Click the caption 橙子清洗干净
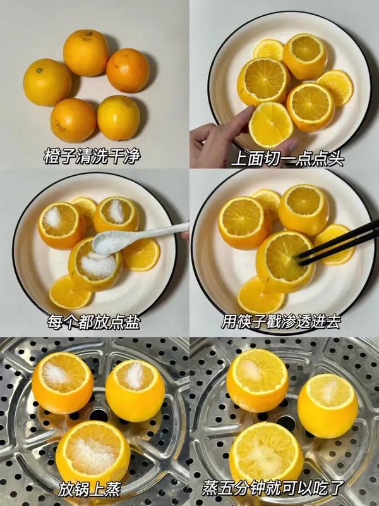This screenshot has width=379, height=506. tap(92, 156)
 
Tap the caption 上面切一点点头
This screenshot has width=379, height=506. tap(288, 159)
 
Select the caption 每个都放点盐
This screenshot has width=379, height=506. tap(93, 321)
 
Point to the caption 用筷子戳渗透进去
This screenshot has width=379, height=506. tap(281, 321)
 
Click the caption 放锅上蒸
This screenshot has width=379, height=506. tap(90, 490)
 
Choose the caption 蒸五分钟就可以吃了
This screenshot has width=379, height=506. tap(273, 488)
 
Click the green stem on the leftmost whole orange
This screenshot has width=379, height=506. tap(39, 70)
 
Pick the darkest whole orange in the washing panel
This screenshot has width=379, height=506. tap(128, 70)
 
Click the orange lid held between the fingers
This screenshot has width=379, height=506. tap(271, 125)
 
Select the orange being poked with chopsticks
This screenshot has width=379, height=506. tap(286, 261)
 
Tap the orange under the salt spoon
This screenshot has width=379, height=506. tap(95, 264)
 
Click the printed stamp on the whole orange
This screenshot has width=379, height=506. tap(60, 126)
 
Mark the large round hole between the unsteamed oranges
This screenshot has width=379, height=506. tap(99, 415)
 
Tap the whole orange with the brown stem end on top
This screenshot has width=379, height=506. tap(86, 52)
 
